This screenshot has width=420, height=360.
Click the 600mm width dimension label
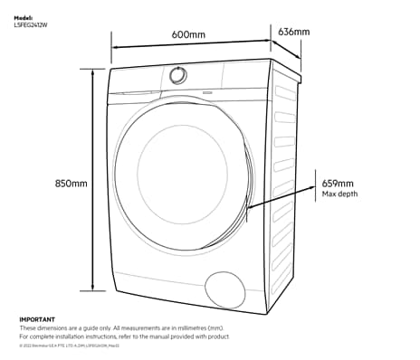pos(187,34)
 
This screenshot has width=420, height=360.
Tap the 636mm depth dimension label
pos(294,33)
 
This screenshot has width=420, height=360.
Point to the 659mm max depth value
pos(338,184)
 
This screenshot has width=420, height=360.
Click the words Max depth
pos(340,194)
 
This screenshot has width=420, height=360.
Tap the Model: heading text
pos(24,16)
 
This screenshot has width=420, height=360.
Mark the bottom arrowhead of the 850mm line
pos(92,289)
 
